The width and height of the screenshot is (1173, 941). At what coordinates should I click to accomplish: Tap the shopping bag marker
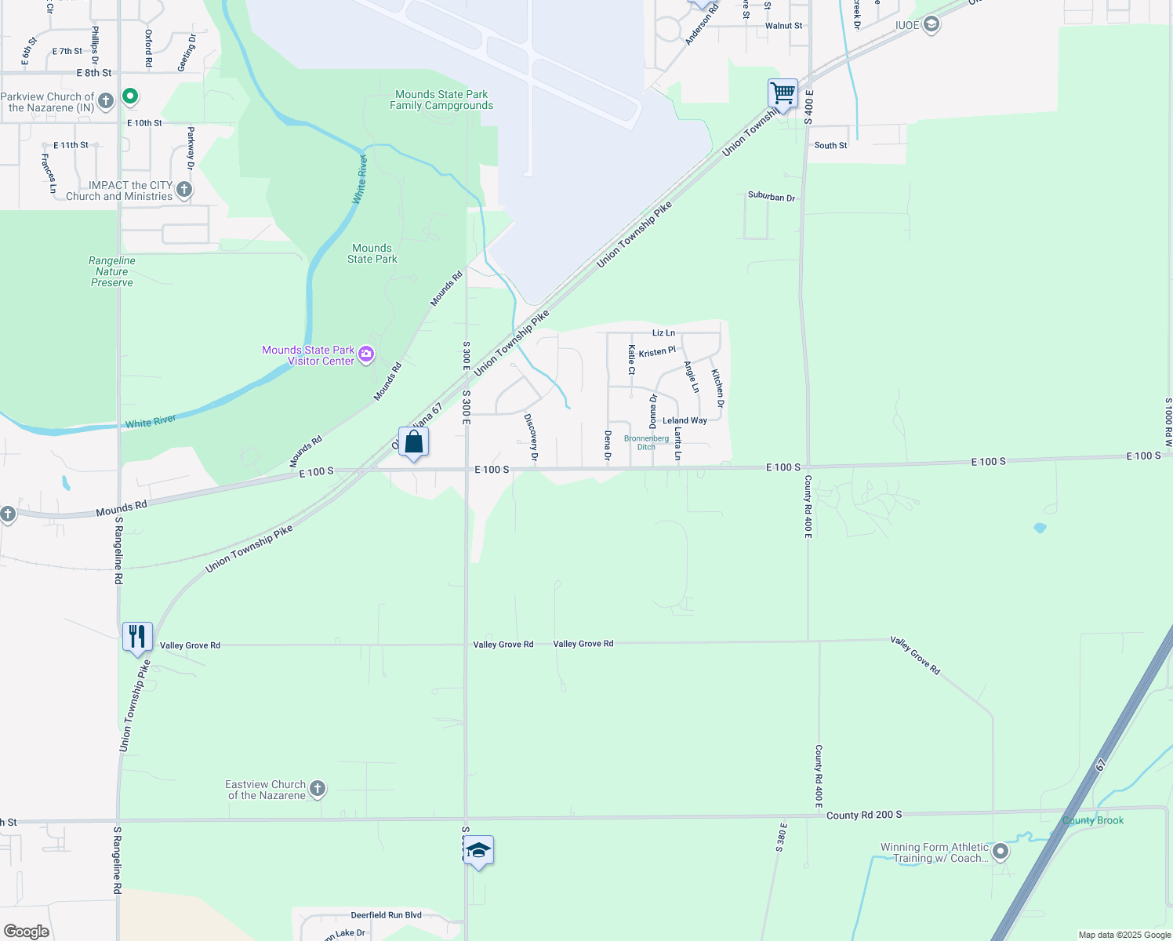[413, 442]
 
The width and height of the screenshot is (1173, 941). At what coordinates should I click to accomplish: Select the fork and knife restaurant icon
[137, 638]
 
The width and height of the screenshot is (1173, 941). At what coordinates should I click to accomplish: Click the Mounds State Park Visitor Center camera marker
[366, 355]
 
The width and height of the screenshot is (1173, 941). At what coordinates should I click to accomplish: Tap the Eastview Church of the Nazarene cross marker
[318, 789]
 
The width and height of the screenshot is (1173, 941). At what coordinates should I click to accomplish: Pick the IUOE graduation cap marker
[931, 25]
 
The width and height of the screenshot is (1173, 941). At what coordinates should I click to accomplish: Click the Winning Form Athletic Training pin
[1000, 852]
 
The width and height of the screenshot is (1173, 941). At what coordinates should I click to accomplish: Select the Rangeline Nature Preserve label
[112, 271]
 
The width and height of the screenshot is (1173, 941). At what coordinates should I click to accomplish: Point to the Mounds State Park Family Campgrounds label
[441, 100]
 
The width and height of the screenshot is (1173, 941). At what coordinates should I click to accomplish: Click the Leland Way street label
[685, 420]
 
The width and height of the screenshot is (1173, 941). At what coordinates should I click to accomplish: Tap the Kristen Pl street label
[657, 352]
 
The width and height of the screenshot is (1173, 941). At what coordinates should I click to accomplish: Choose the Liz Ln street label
[663, 333]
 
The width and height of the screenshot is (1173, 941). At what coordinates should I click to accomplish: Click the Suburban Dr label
[772, 196]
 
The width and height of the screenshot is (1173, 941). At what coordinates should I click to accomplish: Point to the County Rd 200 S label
[864, 815]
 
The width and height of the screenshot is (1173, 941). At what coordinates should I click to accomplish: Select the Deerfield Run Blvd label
[386, 915]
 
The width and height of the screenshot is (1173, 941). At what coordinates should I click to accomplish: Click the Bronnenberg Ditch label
[646, 443]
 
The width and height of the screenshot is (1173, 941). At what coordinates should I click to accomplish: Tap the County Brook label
[1093, 820]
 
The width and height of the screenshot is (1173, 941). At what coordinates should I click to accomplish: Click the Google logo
[27, 932]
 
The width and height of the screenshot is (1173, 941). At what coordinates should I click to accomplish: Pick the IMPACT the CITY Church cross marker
[184, 190]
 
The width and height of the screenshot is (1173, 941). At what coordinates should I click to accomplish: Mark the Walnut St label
[783, 26]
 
